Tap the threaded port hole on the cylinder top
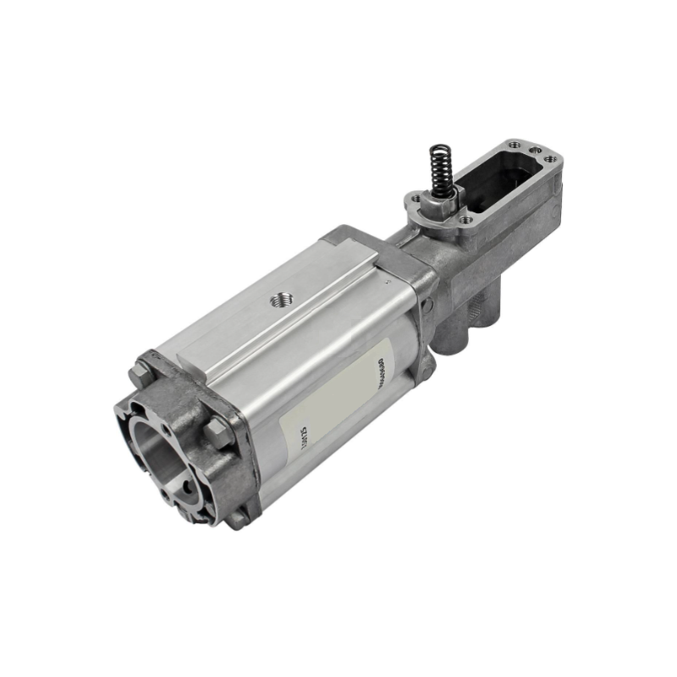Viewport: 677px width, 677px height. (x=278, y=299)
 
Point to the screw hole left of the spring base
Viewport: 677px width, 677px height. (x=414, y=200)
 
